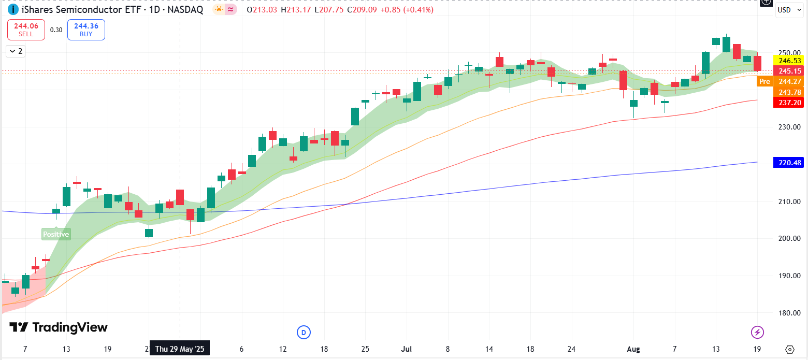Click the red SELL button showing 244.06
pos(26,30)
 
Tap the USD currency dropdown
pos(789,10)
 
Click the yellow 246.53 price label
pos(788,61)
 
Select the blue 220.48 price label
pos(788,163)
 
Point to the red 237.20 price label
pos(788,103)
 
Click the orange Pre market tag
pos(764,81)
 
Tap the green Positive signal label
pos(56,234)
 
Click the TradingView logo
pos(59,327)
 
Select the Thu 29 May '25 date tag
pos(180,349)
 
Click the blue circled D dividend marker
pos(304,332)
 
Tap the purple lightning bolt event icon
pos(757,332)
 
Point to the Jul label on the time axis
pos(407,349)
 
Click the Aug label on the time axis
pos(634,349)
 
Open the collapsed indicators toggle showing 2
pos(16,51)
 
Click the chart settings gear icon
pos(790,349)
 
